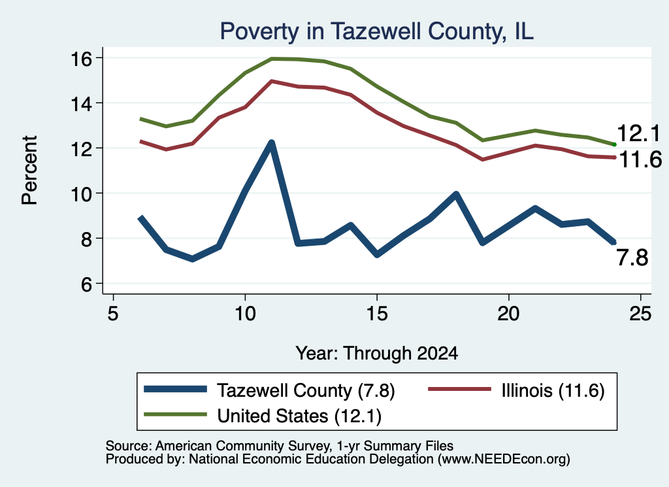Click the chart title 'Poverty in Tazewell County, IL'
[x=377, y=31]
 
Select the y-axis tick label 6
[x=87, y=284]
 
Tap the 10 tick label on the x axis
[x=245, y=314]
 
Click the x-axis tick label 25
[x=640, y=314]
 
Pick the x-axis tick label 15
[x=377, y=314]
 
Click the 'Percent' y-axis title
[x=30, y=171]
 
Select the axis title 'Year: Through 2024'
[x=377, y=354]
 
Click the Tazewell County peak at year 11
[x=271, y=143]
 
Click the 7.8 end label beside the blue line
[x=632, y=258]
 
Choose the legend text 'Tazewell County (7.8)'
[x=306, y=390]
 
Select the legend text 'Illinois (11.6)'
[x=553, y=390]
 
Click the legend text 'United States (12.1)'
[x=299, y=416]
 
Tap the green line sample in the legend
[x=175, y=414]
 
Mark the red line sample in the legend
[x=459, y=389]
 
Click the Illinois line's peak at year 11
[x=271, y=80]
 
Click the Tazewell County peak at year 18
[x=456, y=195]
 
